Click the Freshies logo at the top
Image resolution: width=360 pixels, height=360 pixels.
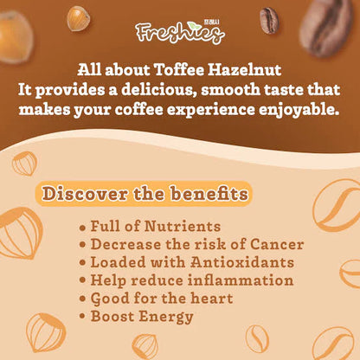[179, 33]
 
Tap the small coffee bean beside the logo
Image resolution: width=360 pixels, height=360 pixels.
[268, 20]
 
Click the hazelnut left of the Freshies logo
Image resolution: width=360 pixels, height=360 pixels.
[79, 17]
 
